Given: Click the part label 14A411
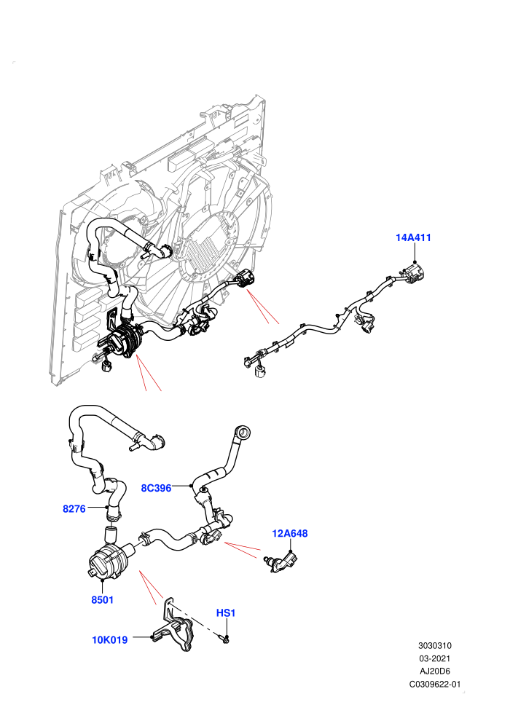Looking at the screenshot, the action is pos(413,237).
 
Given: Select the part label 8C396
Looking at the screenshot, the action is pos(156,488).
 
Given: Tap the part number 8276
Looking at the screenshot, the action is pos(74,508).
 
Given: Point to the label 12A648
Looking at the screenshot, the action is pos(290,533).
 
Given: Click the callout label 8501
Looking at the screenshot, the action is pos(102,599).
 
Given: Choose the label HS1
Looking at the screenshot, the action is pos(226,613).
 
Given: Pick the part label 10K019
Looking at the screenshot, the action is pos(110,639).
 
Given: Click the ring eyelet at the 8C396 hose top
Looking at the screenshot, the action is pos(243,431).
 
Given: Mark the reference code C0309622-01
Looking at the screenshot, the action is pos(434,684).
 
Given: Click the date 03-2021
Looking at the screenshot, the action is pos(434,658).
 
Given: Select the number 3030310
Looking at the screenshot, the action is pos(434,645).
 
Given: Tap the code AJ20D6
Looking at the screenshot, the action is pos(434,671).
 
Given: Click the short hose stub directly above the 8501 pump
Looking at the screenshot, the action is pos(110,535).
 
